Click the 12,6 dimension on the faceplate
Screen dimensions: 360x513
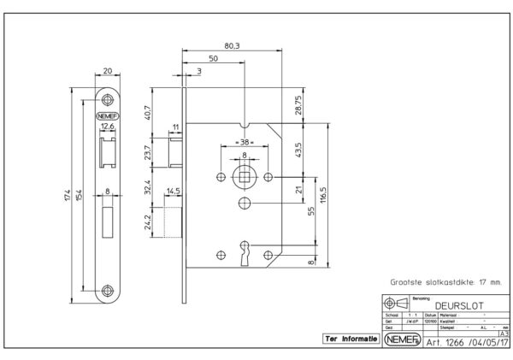[108, 127]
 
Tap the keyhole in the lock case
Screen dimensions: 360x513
[245, 252]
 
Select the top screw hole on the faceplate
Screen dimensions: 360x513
[109, 97]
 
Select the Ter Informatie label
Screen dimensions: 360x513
[351, 339]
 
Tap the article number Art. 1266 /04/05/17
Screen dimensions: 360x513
[461, 339]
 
